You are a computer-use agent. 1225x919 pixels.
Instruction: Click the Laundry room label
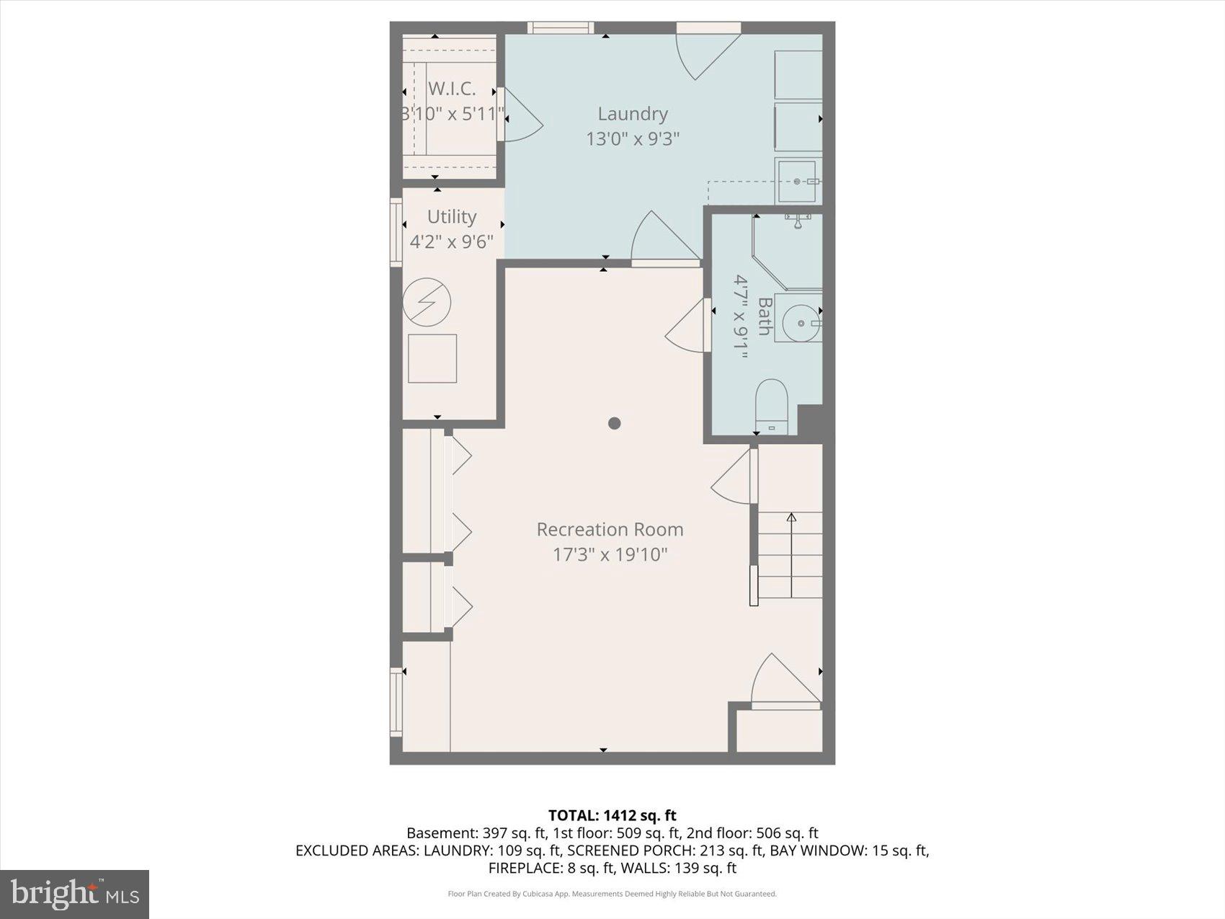633,114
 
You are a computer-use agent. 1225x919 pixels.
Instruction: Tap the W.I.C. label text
452,89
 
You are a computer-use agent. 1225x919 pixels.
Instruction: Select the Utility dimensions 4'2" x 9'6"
452,241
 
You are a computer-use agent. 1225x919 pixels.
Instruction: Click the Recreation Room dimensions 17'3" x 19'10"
610,554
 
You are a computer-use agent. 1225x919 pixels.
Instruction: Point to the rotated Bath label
764,316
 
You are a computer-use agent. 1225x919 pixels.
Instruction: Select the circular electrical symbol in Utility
427,302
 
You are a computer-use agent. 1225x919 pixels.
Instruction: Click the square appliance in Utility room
432,358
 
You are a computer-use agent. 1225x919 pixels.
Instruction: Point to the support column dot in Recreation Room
614,423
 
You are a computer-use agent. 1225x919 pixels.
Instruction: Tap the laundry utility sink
797,182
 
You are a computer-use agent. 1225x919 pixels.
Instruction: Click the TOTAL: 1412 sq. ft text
612,815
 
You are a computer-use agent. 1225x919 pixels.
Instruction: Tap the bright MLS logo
75,894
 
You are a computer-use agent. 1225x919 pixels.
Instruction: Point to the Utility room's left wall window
396,232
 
